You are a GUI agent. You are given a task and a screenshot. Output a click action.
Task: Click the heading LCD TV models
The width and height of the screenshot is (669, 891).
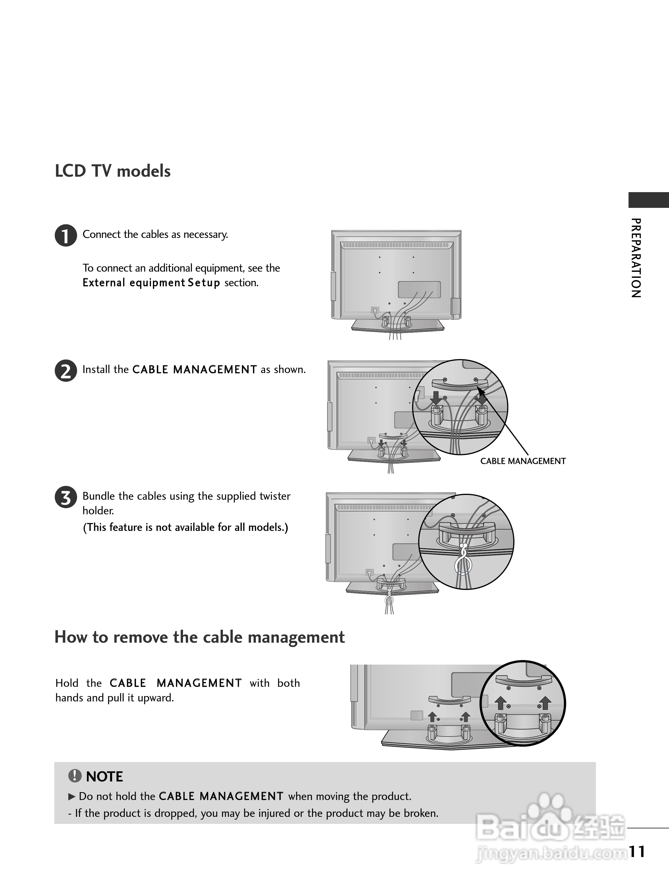click(x=112, y=171)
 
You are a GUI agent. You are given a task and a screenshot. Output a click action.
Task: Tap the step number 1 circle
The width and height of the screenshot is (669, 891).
click(x=66, y=236)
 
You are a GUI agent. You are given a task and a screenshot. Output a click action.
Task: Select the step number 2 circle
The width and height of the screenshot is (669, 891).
click(x=66, y=371)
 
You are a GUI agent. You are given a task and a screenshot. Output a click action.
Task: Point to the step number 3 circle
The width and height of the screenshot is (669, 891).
click(x=66, y=497)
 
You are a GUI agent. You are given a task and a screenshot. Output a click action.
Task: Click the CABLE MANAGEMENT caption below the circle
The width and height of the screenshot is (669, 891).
click(x=523, y=461)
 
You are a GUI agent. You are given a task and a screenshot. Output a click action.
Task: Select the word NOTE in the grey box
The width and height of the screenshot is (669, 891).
click(x=104, y=777)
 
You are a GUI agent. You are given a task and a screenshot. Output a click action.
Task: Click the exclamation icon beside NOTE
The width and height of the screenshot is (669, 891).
click(x=74, y=776)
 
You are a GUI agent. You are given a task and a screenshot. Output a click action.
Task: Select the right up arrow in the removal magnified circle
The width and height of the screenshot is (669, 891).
click(x=545, y=703)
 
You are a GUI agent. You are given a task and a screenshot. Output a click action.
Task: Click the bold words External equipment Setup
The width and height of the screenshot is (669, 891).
click(x=151, y=283)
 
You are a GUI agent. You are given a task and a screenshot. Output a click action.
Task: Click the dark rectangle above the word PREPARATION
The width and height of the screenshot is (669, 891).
click(x=648, y=200)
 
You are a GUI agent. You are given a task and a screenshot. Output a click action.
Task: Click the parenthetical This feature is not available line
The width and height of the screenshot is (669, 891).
click(x=186, y=527)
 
